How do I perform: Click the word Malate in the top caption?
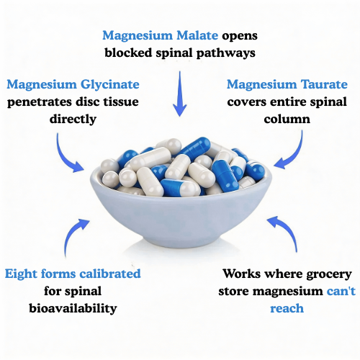[x=197, y=35]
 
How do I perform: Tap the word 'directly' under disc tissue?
[x=73, y=119]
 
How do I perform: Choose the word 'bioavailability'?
[x=73, y=309]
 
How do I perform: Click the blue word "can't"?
[x=330, y=292]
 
